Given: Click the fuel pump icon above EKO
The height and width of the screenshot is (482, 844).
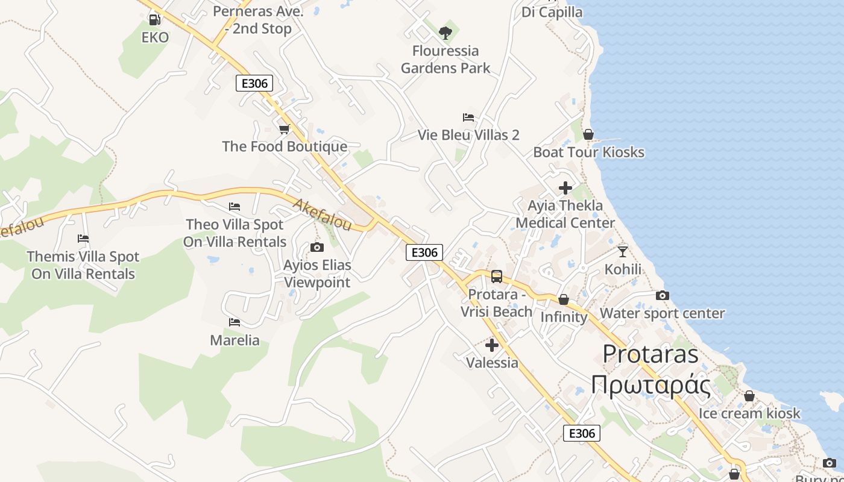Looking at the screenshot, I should [x=154, y=19].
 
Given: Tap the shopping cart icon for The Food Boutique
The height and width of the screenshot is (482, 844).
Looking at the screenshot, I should [x=285, y=129].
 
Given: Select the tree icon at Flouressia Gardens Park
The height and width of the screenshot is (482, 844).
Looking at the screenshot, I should [x=446, y=33].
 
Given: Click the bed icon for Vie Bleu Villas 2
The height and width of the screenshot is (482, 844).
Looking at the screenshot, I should [x=468, y=117].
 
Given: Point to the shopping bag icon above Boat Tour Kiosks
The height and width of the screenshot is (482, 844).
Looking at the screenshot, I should [x=588, y=134].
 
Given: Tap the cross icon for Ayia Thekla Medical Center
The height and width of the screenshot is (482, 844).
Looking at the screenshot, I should [x=565, y=188].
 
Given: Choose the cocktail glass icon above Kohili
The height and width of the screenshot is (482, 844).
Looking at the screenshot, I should [x=623, y=251].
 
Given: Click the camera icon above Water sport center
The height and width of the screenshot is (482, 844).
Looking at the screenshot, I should [x=662, y=295].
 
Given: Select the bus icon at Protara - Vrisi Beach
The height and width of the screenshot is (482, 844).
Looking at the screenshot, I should [x=497, y=277].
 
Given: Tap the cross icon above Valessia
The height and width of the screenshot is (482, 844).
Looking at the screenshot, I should [x=492, y=345].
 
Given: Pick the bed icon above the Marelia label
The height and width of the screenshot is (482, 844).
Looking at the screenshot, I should [x=235, y=322].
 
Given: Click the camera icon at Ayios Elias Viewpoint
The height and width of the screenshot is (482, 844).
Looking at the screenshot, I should [x=316, y=247].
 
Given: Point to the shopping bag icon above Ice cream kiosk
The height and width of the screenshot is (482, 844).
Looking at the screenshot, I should [x=749, y=396].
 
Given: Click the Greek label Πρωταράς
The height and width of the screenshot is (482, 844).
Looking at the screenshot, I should [x=650, y=384].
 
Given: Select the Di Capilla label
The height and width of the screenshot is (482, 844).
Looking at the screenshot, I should [x=552, y=12].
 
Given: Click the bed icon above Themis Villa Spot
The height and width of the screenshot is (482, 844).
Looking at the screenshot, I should [x=83, y=239].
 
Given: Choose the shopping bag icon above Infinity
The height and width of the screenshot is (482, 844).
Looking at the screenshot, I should [x=564, y=299].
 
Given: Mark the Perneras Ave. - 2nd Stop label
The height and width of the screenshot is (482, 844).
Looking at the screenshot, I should [x=258, y=19].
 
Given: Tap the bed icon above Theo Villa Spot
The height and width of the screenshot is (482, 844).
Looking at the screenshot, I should [x=235, y=207].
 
